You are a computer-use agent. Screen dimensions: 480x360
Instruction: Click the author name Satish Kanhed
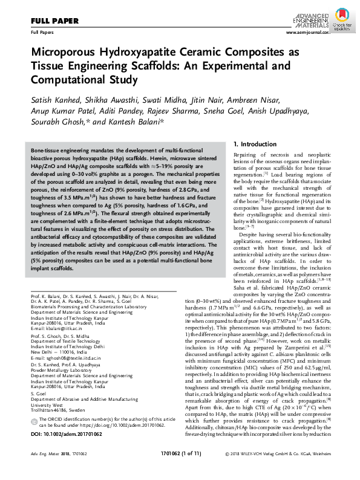click(56, 99)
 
